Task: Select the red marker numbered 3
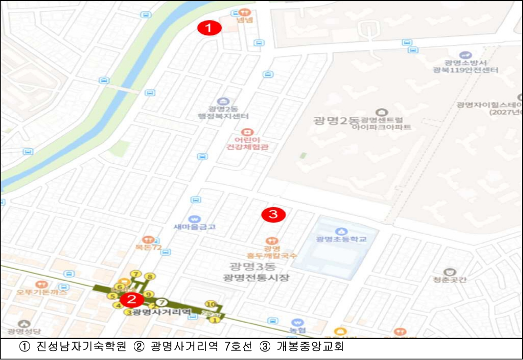coord(273,215)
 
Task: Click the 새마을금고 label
coord(194,227)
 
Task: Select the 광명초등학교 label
coord(341,239)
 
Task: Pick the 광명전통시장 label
coord(257,278)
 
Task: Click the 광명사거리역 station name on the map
coord(158,312)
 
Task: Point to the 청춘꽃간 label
coord(450,280)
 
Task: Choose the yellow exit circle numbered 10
coord(210,304)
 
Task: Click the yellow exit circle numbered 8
coord(148,276)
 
